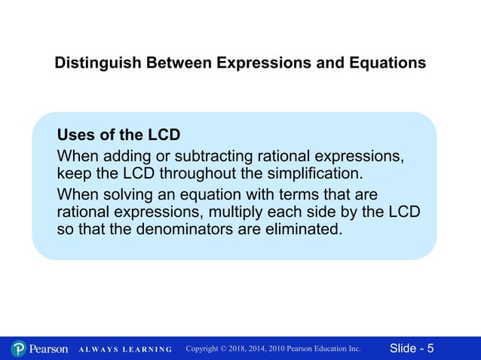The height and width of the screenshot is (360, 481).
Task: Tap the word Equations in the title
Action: (389, 63)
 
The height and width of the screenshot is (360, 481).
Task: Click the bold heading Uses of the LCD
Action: (118, 136)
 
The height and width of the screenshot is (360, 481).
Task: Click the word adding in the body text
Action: (127, 157)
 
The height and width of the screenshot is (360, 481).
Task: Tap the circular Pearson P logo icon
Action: (19, 349)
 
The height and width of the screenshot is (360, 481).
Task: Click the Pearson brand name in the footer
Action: (48, 349)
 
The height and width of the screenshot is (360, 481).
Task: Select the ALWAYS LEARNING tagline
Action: (126, 349)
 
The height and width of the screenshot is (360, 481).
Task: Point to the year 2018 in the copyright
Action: (239, 349)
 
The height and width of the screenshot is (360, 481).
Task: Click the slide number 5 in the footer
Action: (430, 349)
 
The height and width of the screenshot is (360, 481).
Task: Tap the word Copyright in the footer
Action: (206, 349)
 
